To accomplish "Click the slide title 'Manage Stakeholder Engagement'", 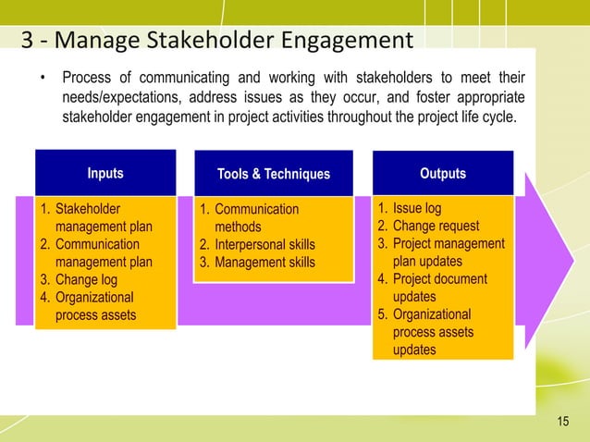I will [x=217, y=41].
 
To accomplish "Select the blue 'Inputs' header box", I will [x=104, y=173].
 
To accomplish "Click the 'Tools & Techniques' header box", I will [x=273, y=174].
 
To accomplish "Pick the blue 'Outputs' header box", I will [x=443, y=173].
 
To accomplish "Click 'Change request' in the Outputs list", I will [x=436, y=226].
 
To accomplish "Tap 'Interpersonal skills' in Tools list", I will [x=264, y=245].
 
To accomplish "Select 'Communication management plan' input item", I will [x=104, y=253].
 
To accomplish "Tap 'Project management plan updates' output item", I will [x=449, y=252].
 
